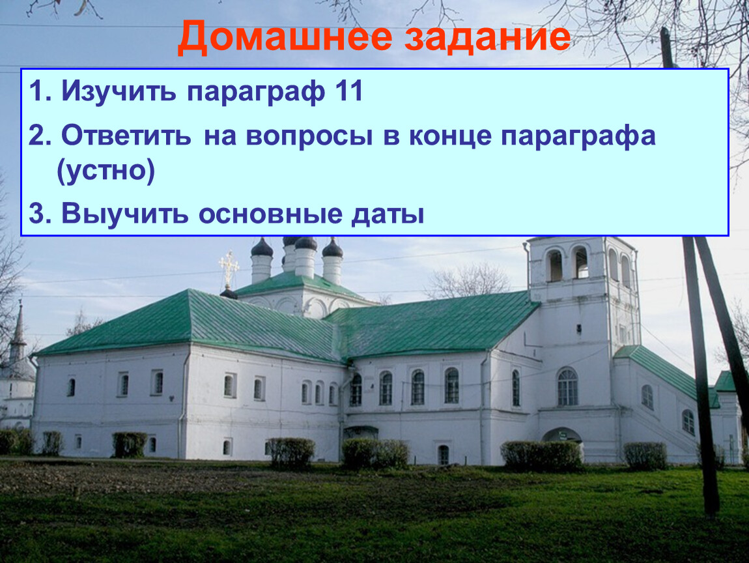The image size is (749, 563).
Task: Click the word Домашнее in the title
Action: [x=285, y=38]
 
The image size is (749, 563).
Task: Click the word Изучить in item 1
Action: [x=119, y=91]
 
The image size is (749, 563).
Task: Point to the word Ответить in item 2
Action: [x=126, y=136]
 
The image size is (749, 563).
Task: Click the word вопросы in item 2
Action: [x=309, y=137]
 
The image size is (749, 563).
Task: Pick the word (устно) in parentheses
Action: [x=106, y=171]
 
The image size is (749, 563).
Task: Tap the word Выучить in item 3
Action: [x=124, y=214]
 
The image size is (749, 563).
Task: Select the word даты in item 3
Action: [x=388, y=215]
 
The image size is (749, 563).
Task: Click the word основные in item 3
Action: [x=270, y=215]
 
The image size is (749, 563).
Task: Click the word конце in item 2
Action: [x=449, y=137]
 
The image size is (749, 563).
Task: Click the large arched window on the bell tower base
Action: [x=567, y=387]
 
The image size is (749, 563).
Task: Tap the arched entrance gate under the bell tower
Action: [x=561, y=435]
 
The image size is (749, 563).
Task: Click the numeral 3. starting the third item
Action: [x=40, y=214]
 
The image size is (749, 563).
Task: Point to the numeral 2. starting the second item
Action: [x=40, y=136]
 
